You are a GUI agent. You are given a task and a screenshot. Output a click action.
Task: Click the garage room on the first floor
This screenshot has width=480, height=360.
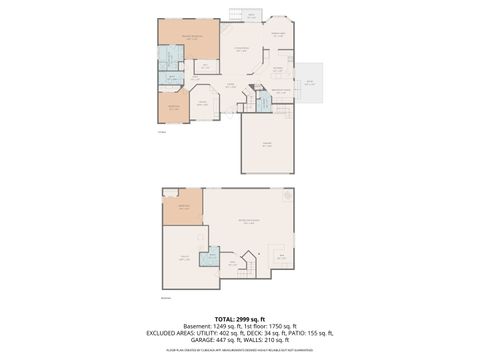pyautogui.click(x=267, y=146)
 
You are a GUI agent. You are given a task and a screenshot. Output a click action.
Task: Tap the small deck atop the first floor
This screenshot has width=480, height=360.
pyautogui.click(x=250, y=16)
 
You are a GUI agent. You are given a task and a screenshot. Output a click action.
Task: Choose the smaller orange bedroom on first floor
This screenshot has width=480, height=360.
pyautogui.click(x=173, y=106)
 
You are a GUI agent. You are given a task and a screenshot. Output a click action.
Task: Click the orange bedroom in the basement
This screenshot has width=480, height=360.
pyautogui.click(x=184, y=209)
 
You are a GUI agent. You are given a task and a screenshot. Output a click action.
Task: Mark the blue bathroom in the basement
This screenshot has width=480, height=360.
pyautogui.click(x=210, y=259)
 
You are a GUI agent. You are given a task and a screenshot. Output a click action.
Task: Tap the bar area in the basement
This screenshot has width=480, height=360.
pyautogui.click(x=281, y=256)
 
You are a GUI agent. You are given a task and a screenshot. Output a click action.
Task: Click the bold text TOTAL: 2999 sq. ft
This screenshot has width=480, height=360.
pyautogui.click(x=240, y=318)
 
